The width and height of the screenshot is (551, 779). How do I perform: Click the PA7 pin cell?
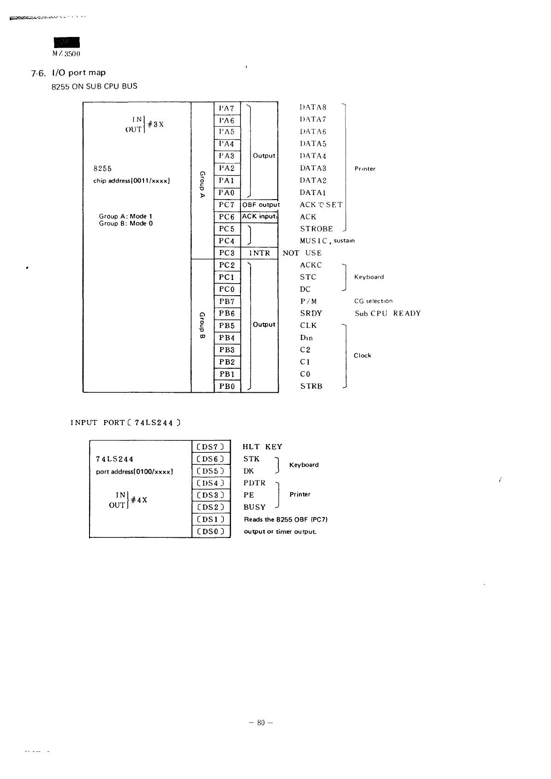[x=227, y=108]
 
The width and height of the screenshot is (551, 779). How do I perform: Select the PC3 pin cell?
[x=227, y=253]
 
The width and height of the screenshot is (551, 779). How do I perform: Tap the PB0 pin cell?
[x=227, y=386]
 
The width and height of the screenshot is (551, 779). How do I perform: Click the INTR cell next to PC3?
[x=259, y=253]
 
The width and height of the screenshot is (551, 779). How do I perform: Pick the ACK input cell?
[x=259, y=217]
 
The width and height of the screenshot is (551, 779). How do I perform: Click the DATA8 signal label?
[x=313, y=107]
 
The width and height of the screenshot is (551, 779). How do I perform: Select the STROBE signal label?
[x=316, y=229]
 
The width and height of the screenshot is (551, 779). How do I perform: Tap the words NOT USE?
[x=302, y=253]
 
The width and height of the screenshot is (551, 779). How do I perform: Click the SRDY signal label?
[x=311, y=313]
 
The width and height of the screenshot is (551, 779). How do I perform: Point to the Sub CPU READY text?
[x=388, y=313]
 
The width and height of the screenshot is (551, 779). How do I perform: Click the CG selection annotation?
[x=373, y=301]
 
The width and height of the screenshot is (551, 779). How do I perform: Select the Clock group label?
[x=362, y=356]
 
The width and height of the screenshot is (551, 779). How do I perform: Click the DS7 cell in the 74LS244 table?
[x=210, y=447]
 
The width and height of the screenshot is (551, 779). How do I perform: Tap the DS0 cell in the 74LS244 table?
[x=210, y=531]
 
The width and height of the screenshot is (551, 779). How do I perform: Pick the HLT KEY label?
[x=262, y=447]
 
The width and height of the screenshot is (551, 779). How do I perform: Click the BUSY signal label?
[x=255, y=507]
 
